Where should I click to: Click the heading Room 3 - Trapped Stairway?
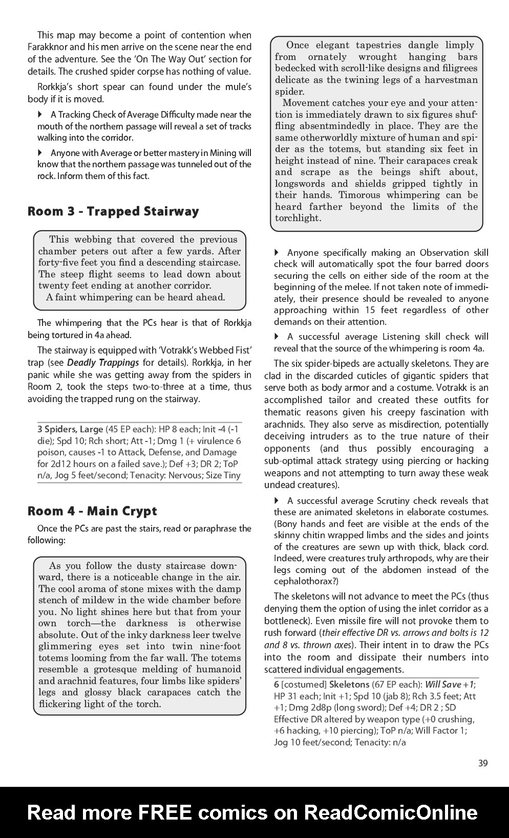(113, 211)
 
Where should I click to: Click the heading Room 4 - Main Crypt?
(92, 511)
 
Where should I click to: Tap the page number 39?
(482, 763)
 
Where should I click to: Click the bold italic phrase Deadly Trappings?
(103, 362)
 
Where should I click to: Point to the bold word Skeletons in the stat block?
(349, 685)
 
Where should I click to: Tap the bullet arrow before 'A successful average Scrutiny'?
(277, 500)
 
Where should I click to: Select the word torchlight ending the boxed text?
(297, 218)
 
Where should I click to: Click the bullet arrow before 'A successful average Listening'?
(277, 336)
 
